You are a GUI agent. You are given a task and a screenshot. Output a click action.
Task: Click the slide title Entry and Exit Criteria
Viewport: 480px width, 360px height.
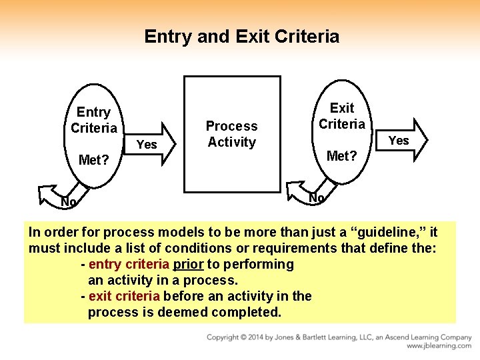click(x=241, y=36)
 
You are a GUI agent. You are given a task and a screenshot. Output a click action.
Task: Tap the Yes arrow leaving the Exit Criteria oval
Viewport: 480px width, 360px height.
click(x=403, y=140)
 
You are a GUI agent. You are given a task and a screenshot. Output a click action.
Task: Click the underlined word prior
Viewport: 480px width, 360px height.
click(x=188, y=265)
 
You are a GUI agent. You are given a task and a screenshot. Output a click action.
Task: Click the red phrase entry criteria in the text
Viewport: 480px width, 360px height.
click(x=129, y=265)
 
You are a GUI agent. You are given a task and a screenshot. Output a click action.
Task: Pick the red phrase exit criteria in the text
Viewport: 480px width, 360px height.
click(x=124, y=296)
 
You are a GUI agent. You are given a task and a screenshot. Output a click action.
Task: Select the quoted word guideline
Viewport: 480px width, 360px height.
click(x=389, y=233)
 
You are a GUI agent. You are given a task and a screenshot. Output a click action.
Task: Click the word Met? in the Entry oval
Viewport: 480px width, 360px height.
click(x=93, y=160)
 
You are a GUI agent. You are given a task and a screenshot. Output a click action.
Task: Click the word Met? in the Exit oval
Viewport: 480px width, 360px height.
click(x=342, y=156)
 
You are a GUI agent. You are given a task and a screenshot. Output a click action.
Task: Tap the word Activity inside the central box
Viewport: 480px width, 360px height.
click(x=231, y=142)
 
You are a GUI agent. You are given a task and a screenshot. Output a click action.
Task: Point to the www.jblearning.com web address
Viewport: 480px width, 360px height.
click(x=439, y=347)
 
